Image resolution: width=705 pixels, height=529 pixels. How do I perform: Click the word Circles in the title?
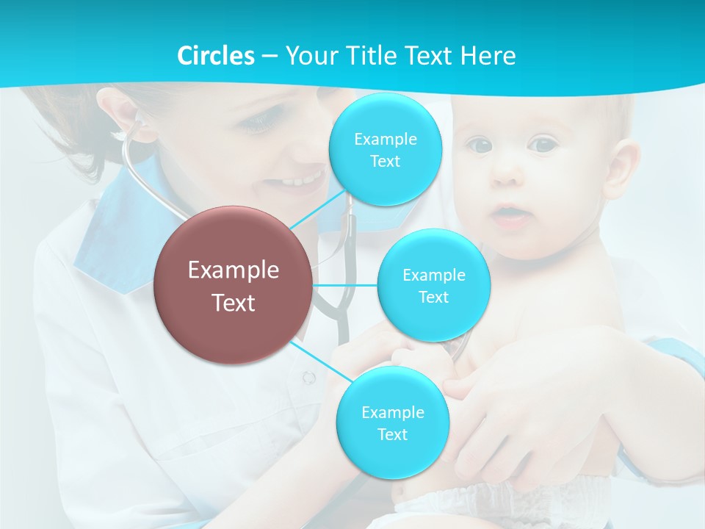[x=216, y=56]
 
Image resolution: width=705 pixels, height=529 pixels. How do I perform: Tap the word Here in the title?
[x=488, y=56]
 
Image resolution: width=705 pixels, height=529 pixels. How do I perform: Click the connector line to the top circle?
[x=316, y=209]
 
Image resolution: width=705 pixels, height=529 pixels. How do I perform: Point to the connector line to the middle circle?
[x=345, y=285]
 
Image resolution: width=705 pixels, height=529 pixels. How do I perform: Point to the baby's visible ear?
[x=621, y=165]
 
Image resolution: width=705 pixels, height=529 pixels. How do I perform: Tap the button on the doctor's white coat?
[x=308, y=377]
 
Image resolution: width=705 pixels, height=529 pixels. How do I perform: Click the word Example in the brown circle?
[x=234, y=270]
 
